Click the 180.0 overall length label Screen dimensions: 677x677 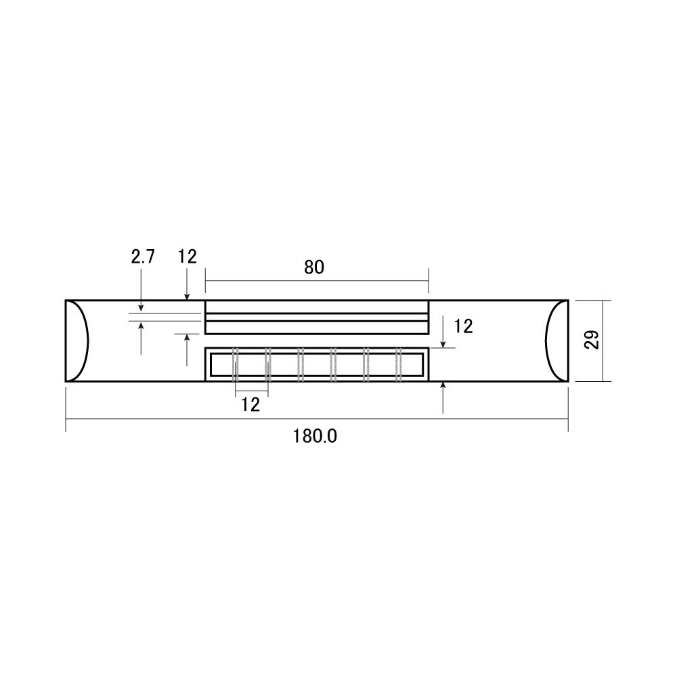(315, 436)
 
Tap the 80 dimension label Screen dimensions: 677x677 (314, 267)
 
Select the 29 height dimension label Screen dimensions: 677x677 (592, 339)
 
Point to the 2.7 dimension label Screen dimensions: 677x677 (142, 257)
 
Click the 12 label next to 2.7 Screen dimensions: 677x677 (188, 257)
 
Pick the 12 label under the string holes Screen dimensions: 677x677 (250, 405)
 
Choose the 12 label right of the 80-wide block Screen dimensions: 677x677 (463, 326)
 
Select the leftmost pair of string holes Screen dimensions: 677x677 (236, 364)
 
